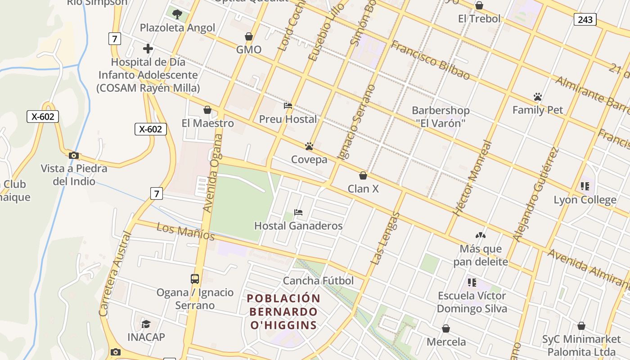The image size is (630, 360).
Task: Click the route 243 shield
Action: coord(585,19)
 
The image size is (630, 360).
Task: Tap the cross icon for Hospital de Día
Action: coord(148,49)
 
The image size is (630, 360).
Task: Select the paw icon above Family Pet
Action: coord(537,97)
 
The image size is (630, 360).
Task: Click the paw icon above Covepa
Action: coord(309,146)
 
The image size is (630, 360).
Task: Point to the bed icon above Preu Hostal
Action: coord(288,106)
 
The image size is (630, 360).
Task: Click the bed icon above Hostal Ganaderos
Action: coord(298,212)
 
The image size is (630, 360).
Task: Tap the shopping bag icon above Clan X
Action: coord(363,175)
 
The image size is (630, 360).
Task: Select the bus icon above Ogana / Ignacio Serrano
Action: coord(195,279)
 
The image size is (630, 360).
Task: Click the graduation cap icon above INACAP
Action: coord(146,324)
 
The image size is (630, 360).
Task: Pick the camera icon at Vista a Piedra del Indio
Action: coord(74,156)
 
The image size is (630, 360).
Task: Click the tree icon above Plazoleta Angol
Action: coord(177,14)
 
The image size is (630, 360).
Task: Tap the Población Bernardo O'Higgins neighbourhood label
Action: coord(283,311)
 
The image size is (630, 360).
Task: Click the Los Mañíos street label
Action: coord(185,231)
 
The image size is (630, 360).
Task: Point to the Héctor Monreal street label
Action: coord(472,178)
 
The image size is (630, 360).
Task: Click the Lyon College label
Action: coord(585,200)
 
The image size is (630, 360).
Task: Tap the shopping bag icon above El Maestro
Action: coord(207,110)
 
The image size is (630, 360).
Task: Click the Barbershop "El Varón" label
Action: coord(440,117)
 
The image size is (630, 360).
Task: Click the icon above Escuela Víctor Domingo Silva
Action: coord(472,283)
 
